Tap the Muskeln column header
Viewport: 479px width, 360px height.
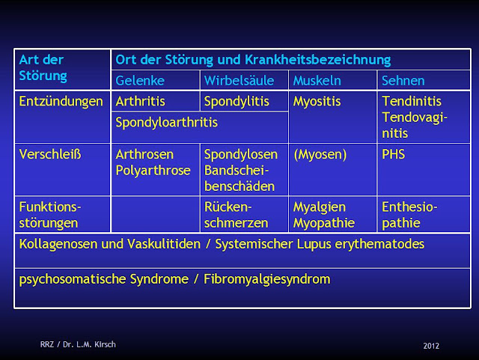point(314,81)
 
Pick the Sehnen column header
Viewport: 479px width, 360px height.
point(403,81)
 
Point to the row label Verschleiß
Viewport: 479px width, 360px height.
point(50,154)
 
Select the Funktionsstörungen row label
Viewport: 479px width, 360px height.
point(49,215)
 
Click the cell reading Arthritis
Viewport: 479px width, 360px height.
point(141,101)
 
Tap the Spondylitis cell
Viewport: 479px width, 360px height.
point(236,101)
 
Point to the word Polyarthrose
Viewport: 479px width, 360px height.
point(153,170)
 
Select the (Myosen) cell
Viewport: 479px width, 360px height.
point(320,154)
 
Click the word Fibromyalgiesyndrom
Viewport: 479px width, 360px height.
point(267,279)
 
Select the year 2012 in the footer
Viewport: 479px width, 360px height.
point(430,345)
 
